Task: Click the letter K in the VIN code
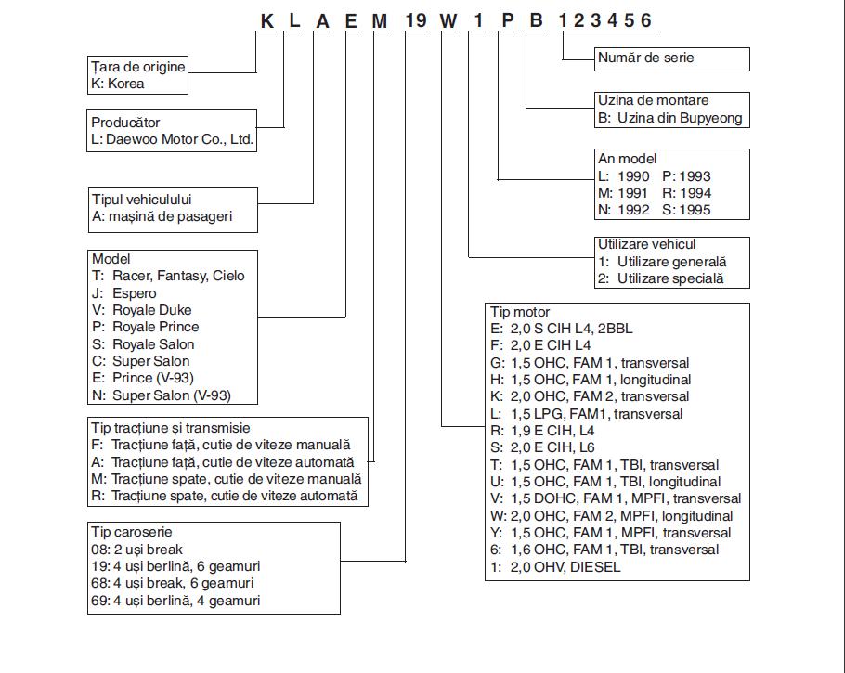point(267,21)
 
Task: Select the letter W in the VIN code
point(448,21)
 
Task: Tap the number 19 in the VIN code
point(415,21)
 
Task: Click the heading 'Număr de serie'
point(645,58)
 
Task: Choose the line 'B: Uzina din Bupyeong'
point(669,118)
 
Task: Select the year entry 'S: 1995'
point(686,210)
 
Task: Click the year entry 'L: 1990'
point(623,176)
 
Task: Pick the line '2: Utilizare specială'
point(661,278)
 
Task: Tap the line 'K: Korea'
point(118,84)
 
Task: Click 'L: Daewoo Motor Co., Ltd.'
point(172,139)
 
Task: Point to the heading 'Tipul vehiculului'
point(142,200)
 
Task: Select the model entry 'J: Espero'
point(123,293)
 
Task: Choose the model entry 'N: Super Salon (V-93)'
point(162,395)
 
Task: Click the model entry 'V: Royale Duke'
point(142,310)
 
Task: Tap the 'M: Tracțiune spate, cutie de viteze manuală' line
point(227,479)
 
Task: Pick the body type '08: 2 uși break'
point(136,550)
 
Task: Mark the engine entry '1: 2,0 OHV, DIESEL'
point(555,567)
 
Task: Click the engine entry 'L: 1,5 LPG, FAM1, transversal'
point(586,414)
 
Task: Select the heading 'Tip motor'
point(519,312)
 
